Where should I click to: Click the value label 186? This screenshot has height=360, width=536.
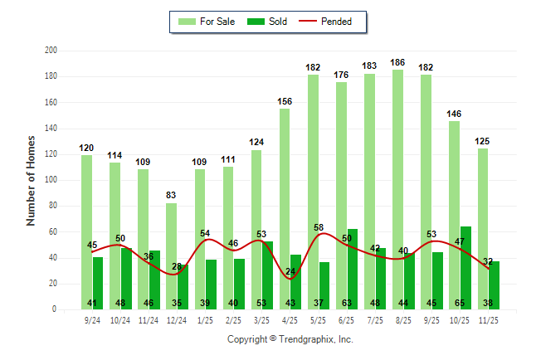point(398,62)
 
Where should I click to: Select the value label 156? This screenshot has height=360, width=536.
point(285,101)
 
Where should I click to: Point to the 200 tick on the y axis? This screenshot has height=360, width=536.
point(51,51)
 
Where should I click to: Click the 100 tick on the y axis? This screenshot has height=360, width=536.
point(51,180)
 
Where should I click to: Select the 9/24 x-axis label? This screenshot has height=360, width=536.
point(92,319)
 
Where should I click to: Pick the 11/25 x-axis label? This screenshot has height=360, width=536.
point(489,319)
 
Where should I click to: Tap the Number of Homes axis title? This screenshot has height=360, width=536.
point(31,180)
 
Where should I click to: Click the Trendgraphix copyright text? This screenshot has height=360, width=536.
point(290,339)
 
